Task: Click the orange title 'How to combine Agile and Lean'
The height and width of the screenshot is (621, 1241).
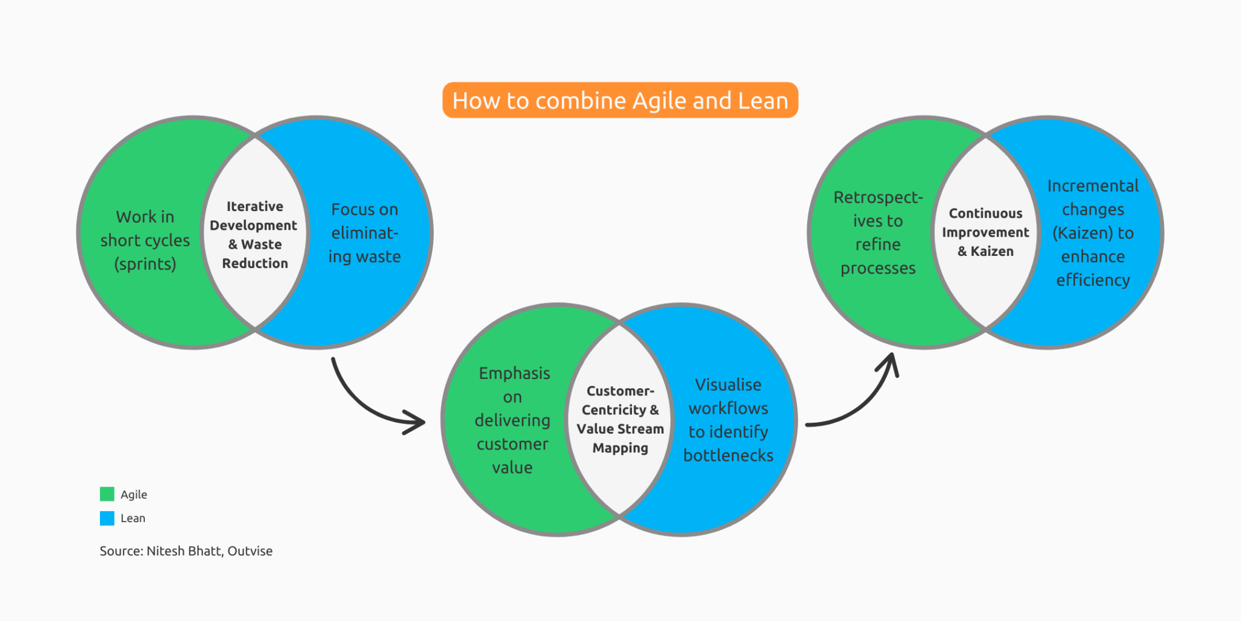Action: pyautogui.click(x=620, y=101)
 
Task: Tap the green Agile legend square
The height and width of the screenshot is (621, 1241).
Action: pyautogui.click(x=107, y=494)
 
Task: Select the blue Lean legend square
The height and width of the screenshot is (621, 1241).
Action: pyautogui.click(x=107, y=519)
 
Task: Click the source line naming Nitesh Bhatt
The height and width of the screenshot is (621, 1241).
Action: pyautogui.click(x=186, y=551)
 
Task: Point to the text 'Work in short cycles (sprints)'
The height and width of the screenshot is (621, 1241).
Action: pyautogui.click(x=145, y=240)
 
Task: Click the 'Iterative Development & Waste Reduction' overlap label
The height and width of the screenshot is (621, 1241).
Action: pyautogui.click(x=255, y=235)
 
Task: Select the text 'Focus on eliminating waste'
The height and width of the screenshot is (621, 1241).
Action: pyautogui.click(x=364, y=233)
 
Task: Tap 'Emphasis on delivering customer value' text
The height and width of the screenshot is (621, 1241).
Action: pyautogui.click(x=513, y=420)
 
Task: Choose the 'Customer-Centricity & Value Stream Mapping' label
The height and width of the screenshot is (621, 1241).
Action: pyautogui.click(x=620, y=420)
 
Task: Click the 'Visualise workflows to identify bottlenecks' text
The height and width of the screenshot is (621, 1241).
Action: pyautogui.click(x=728, y=420)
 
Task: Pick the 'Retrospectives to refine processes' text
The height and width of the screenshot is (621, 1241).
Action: pyautogui.click(x=878, y=233)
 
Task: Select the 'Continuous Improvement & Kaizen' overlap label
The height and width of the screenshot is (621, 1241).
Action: pyautogui.click(x=985, y=232)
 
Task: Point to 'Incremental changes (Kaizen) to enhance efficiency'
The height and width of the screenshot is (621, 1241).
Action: pyautogui.click(x=1093, y=233)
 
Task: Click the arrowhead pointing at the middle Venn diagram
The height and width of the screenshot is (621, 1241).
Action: pyautogui.click(x=418, y=421)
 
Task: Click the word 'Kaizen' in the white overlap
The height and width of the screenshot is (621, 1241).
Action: pyautogui.click(x=992, y=252)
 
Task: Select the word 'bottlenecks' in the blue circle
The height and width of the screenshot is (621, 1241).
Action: pyautogui.click(x=728, y=456)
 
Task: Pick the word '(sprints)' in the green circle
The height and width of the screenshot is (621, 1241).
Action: pyautogui.click(x=145, y=264)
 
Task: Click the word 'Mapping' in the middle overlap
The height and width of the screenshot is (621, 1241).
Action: pyautogui.click(x=620, y=448)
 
